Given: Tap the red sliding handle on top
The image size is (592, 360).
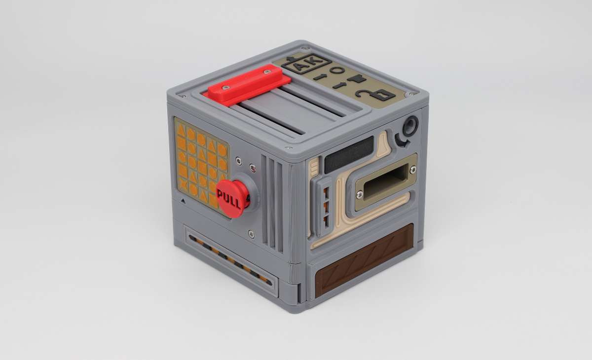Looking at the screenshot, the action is [247, 82].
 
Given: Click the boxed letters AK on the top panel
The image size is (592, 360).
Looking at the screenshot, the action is [306, 64].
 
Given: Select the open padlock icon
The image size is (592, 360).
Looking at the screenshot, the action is [375, 94].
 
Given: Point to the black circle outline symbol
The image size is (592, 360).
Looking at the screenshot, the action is [337, 70].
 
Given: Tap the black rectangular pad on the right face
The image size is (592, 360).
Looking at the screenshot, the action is [349, 154].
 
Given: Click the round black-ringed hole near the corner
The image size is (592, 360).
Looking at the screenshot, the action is [410, 125].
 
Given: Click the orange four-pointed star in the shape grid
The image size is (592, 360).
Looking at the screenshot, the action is [183, 183].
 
